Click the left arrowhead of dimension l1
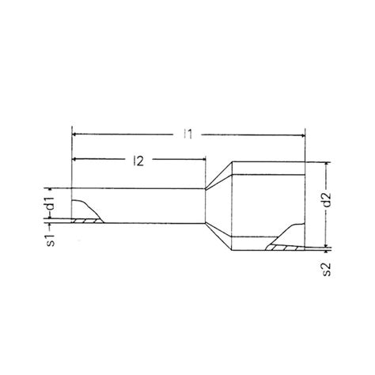(76, 135)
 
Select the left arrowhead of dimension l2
(76, 161)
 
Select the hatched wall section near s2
(283, 248)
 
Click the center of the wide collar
(265, 206)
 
